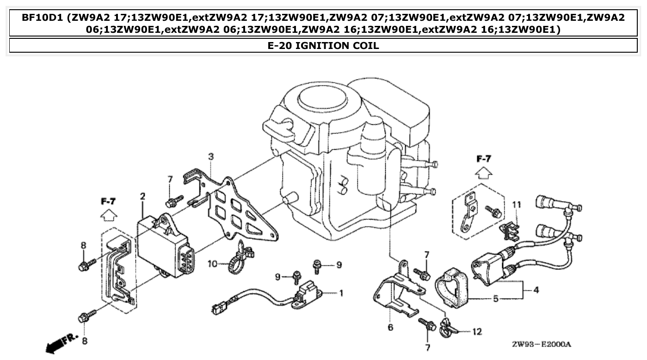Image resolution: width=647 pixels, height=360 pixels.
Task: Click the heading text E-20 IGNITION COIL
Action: point(323,45)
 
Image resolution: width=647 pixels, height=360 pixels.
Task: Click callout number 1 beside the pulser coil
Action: point(341,293)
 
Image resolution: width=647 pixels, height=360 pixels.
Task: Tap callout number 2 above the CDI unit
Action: point(142,197)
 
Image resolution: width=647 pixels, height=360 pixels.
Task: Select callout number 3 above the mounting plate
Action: point(211,157)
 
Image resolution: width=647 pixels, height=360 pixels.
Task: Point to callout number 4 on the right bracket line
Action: point(536,291)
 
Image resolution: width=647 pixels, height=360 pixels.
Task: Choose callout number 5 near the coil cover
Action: point(496,299)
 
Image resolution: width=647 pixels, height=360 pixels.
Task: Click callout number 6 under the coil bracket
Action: point(390,327)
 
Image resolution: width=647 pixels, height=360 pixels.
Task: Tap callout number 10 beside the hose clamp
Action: point(212,264)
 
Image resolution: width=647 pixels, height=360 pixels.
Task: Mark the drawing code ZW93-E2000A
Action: point(542,345)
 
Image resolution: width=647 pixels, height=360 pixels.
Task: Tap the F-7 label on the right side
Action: point(484,159)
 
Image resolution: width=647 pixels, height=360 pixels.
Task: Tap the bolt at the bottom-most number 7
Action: point(427,324)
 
